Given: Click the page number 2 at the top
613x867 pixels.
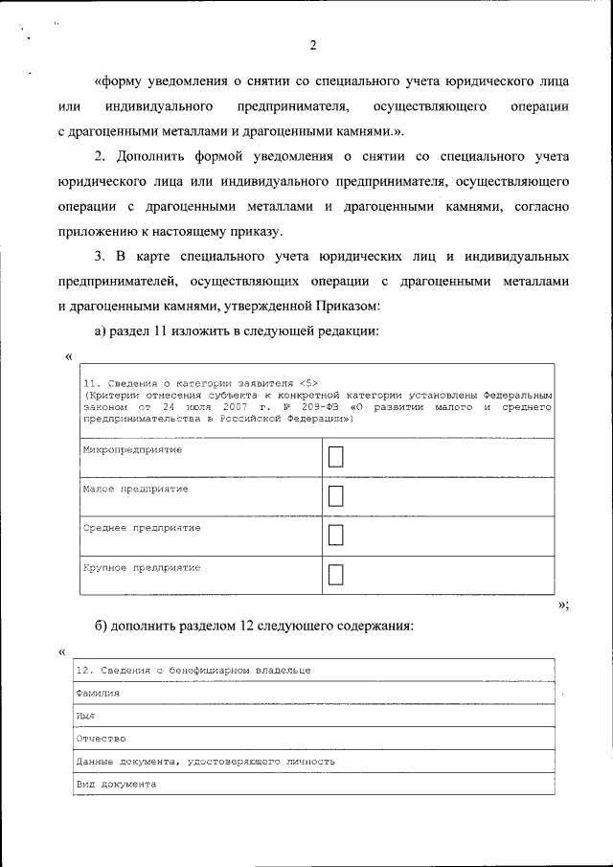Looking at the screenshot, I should tap(313, 45).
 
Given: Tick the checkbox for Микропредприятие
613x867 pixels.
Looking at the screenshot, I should tap(335, 458).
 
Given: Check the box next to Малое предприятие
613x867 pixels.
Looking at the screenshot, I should tap(335, 496).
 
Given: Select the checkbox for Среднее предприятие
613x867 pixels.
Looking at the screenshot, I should tap(335, 536).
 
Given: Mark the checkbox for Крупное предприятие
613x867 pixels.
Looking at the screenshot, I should tap(335, 575).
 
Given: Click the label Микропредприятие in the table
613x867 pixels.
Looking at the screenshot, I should tap(132, 449).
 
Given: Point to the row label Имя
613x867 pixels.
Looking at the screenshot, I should tap(85, 715).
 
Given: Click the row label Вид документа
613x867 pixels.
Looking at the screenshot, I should tap(115, 784).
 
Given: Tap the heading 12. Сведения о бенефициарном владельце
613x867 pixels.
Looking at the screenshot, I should tap(193, 670).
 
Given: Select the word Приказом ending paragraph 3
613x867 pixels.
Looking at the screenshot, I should tap(346, 306).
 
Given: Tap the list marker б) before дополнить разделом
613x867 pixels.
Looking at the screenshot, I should tap(101, 626).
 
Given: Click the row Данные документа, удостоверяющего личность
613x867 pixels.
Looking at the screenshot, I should tap(205, 761).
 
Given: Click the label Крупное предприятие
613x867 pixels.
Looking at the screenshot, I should tap(141, 567).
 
